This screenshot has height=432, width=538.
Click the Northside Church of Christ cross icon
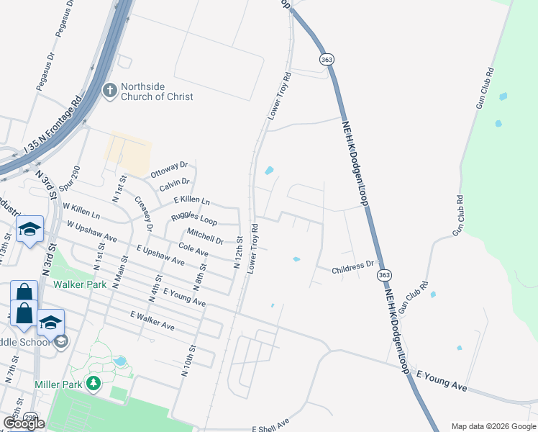(109, 90)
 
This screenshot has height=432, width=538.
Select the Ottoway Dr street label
(168, 170)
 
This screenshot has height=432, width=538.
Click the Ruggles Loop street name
(193, 218)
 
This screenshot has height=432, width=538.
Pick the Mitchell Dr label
(204, 235)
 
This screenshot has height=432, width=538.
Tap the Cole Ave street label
(193, 251)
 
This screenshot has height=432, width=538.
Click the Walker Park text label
(80, 284)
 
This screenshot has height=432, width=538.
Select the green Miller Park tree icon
(93, 384)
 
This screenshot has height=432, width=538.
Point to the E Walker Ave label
(152, 321)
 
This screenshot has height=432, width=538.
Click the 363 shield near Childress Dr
(385, 276)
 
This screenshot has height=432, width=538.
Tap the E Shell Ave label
(270, 425)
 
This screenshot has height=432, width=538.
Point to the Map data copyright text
(493, 426)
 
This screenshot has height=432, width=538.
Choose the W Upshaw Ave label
(91, 231)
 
